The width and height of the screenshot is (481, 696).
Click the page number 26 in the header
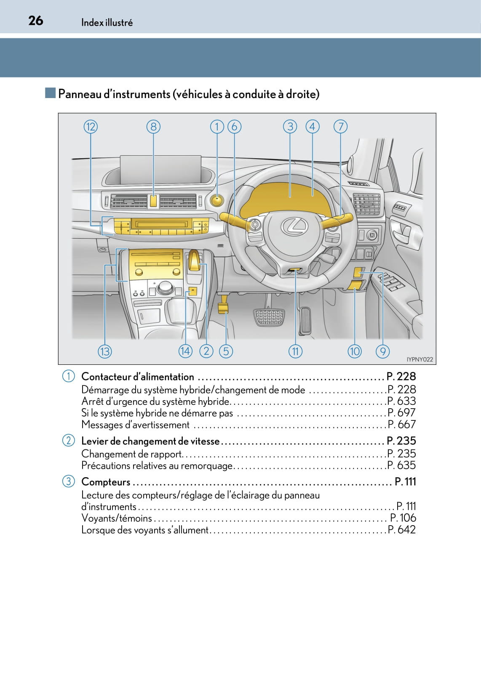36,21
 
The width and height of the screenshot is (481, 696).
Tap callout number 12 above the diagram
91,127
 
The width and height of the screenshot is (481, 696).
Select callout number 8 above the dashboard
153,127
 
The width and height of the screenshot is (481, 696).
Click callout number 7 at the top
340,127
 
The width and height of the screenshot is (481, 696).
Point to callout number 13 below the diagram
105,351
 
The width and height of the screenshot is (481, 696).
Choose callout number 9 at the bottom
382,351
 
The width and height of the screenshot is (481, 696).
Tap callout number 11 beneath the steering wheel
295,351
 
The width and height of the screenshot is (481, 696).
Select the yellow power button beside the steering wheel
217,200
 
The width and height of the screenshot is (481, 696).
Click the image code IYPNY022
420,359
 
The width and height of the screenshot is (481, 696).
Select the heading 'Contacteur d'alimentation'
138,377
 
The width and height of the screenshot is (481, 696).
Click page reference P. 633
401,401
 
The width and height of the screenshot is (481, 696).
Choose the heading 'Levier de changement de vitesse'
150,441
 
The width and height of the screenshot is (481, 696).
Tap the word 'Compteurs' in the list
106,482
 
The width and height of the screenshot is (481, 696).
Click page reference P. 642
401,529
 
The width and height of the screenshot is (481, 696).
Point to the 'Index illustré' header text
107,23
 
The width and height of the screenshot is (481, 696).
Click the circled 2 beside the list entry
68,441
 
